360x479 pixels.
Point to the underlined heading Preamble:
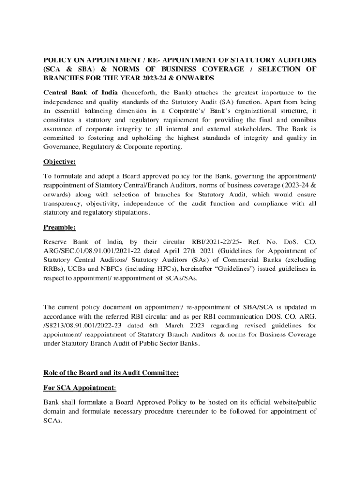coord(59,228)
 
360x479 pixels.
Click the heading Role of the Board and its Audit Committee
coord(111,373)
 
